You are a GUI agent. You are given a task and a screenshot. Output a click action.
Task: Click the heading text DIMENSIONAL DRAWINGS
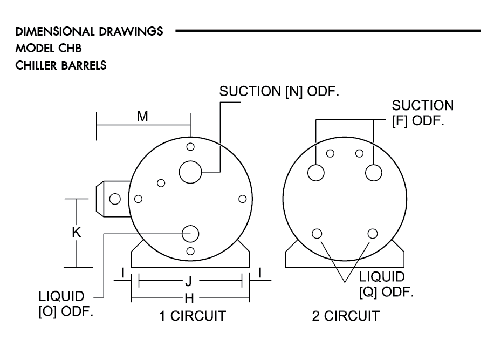(90, 31)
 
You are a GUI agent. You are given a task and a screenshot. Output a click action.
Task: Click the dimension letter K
(77, 233)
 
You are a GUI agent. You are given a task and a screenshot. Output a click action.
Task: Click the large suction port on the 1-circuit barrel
(190, 172)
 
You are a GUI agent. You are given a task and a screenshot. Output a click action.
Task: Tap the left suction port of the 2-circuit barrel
(316, 173)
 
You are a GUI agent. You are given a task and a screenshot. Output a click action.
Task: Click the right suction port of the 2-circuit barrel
(374, 173)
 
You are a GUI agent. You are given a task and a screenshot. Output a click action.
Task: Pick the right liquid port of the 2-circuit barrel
(372, 233)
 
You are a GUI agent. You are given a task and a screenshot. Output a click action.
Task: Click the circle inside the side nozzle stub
(115, 199)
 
